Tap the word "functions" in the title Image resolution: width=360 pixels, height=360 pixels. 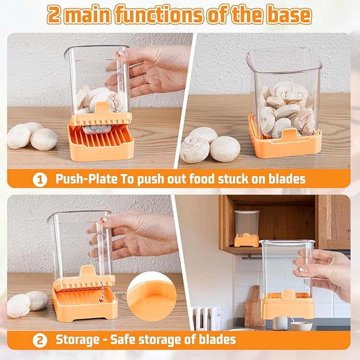click(159, 15)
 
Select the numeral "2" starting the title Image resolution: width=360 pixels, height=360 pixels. click(54, 15)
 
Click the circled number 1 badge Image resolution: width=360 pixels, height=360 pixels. click(40, 180)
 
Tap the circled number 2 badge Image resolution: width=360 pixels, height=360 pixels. click(40, 340)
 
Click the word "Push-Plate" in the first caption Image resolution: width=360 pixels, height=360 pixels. click(86, 179)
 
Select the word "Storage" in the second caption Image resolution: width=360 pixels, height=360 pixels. click(77, 339)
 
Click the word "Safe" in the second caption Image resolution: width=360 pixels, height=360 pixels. click(122, 339)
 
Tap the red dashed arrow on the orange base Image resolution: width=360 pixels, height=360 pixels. click(101, 292)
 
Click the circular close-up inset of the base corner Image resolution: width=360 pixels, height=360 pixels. click(152, 296)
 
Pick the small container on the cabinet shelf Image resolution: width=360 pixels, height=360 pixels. click(247, 229)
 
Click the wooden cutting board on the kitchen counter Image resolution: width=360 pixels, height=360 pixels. click(254, 306)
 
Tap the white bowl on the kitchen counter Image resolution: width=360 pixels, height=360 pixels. click(302, 326)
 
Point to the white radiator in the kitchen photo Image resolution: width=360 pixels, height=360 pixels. click(207, 318)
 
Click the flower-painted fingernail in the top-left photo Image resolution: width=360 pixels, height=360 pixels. click(119, 54)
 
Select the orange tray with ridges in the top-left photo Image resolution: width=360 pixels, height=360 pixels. click(101, 142)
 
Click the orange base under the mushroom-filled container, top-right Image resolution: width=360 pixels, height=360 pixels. click(285, 144)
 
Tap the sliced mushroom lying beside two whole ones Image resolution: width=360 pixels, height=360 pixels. click(195, 149)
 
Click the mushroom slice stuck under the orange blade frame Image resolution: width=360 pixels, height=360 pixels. click(97, 129)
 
